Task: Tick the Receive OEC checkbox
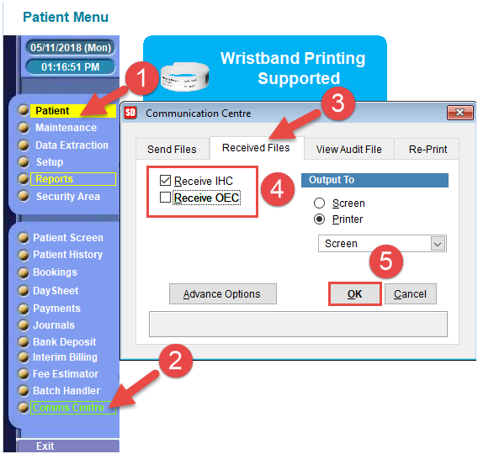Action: (x=165, y=198)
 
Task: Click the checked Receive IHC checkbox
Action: (x=165, y=180)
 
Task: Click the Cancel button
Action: (x=411, y=293)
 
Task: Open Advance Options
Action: (x=223, y=293)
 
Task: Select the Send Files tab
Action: (x=173, y=149)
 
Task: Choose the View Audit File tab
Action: (x=348, y=149)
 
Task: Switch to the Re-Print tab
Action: (x=428, y=149)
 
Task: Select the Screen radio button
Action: (x=319, y=203)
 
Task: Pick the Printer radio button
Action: (x=319, y=219)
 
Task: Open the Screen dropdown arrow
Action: (x=438, y=244)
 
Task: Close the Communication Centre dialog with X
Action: (x=459, y=113)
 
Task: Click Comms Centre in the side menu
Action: (x=69, y=408)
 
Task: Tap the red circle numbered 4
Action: (x=278, y=189)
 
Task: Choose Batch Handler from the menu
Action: (x=66, y=391)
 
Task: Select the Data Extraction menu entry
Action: (x=72, y=145)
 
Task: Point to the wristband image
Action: (x=185, y=77)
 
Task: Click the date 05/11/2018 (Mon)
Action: (x=71, y=48)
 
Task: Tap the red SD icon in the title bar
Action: (x=130, y=113)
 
